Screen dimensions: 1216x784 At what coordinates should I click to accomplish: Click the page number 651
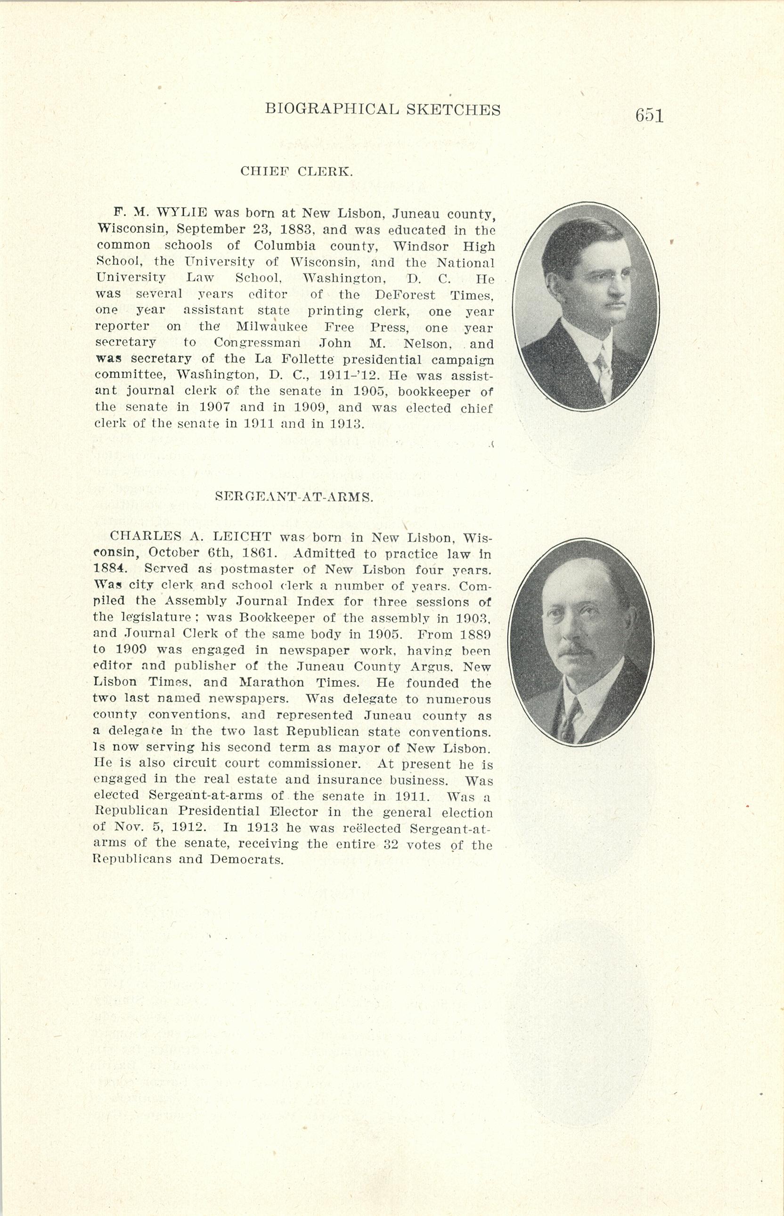click(x=649, y=115)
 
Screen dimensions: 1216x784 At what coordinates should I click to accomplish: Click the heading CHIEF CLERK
click(x=296, y=171)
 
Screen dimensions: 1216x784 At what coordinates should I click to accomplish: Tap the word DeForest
click(x=405, y=295)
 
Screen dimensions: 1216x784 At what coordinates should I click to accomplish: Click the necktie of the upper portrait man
click(x=603, y=372)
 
